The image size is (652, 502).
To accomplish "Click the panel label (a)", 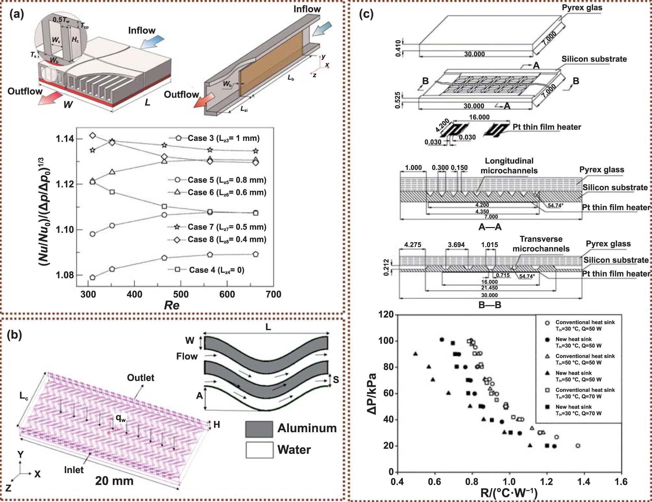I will pos(17,14).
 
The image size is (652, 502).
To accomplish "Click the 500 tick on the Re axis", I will pos(180,294).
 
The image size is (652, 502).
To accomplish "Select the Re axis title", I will pos(172,305).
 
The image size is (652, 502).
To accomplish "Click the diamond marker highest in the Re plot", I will pos(93,135).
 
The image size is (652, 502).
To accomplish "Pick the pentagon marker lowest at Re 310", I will pos(93,277).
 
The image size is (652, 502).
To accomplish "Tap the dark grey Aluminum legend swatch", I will pos(259,429).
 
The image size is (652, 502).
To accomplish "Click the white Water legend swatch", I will pos(259,450).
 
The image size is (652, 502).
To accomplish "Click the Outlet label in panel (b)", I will pos(141,378).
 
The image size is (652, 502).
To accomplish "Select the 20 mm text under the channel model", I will pos(114,481).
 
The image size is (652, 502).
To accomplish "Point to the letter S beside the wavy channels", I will pos(336,380).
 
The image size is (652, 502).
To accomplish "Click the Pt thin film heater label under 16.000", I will pos(547,127).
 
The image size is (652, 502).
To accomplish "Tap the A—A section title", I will pos(490,227).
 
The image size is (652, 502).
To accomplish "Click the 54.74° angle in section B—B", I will pos(527,276).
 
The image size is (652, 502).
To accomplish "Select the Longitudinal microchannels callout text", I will pos(509,166).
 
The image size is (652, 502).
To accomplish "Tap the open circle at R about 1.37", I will pos(578,446).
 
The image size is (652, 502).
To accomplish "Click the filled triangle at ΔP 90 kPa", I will pos(416,354).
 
